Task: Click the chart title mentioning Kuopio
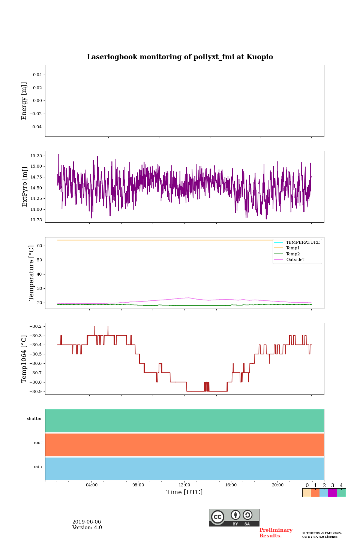click(x=180, y=57)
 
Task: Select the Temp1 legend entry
click(x=292, y=248)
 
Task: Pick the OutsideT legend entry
click(x=295, y=260)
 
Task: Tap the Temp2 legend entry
click(x=292, y=254)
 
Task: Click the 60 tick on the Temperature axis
click(x=40, y=246)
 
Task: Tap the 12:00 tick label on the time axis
click(x=184, y=485)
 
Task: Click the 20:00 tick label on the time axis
click(x=277, y=485)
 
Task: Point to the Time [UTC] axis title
click(x=184, y=492)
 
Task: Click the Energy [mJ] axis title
click(x=24, y=101)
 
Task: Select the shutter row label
click(x=34, y=419)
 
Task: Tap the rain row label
click(x=38, y=467)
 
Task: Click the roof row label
click(x=38, y=443)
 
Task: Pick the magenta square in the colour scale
click(x=332, y=493)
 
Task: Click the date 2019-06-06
click(x=87, y=522)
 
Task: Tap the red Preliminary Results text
click(x=276, y=533)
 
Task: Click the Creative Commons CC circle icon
click(x=217, y=517)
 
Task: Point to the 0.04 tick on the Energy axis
click(x=37, y=75)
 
